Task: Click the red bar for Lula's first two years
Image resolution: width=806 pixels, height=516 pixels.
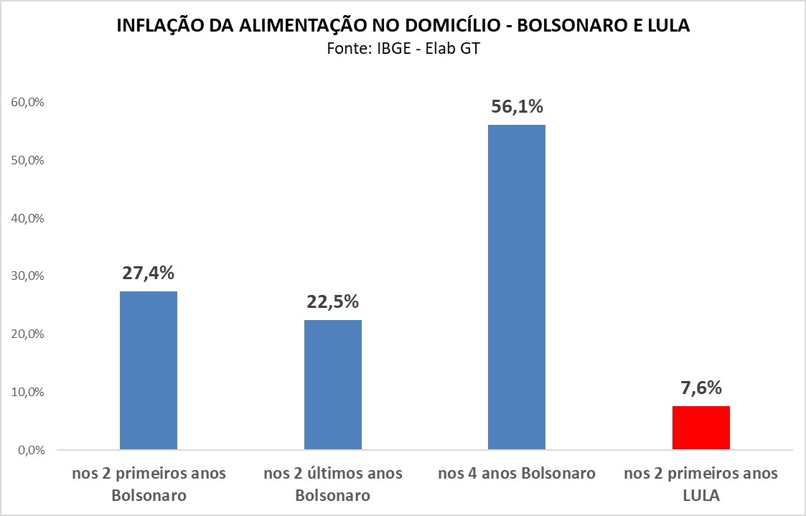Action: click(x=700, y=428)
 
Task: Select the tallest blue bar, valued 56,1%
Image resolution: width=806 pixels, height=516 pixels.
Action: click(x=517, y=287)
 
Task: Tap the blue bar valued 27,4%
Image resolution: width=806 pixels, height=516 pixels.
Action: click(x=149, y=370)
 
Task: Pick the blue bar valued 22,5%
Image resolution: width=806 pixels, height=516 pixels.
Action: click(x=333, y=385)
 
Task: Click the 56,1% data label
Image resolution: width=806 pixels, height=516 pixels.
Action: click(x=517, y=107)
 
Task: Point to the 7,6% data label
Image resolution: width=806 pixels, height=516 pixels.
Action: click(x=700, y=388)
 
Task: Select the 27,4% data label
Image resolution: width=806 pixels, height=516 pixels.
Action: click(x=149, y=273)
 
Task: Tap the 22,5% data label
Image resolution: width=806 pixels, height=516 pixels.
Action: click(x=333, y=302)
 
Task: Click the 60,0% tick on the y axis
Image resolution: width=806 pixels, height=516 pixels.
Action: click(x=28, y=102)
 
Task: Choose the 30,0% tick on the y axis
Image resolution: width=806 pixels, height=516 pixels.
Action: click(x=28, y=276)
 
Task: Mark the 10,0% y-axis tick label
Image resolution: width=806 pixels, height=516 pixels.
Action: click(x=28, y=393)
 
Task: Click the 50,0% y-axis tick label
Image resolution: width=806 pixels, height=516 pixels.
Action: click(x=28, y=160)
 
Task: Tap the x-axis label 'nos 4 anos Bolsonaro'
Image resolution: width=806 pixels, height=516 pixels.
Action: click(x=517, y=474)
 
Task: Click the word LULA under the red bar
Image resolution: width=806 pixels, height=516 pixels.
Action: click(x=700, y=496)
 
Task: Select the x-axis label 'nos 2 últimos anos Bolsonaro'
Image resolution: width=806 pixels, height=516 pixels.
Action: click(x=333, y=484)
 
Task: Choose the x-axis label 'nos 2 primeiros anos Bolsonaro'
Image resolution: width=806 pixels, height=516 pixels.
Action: click(x=149, y=484)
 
